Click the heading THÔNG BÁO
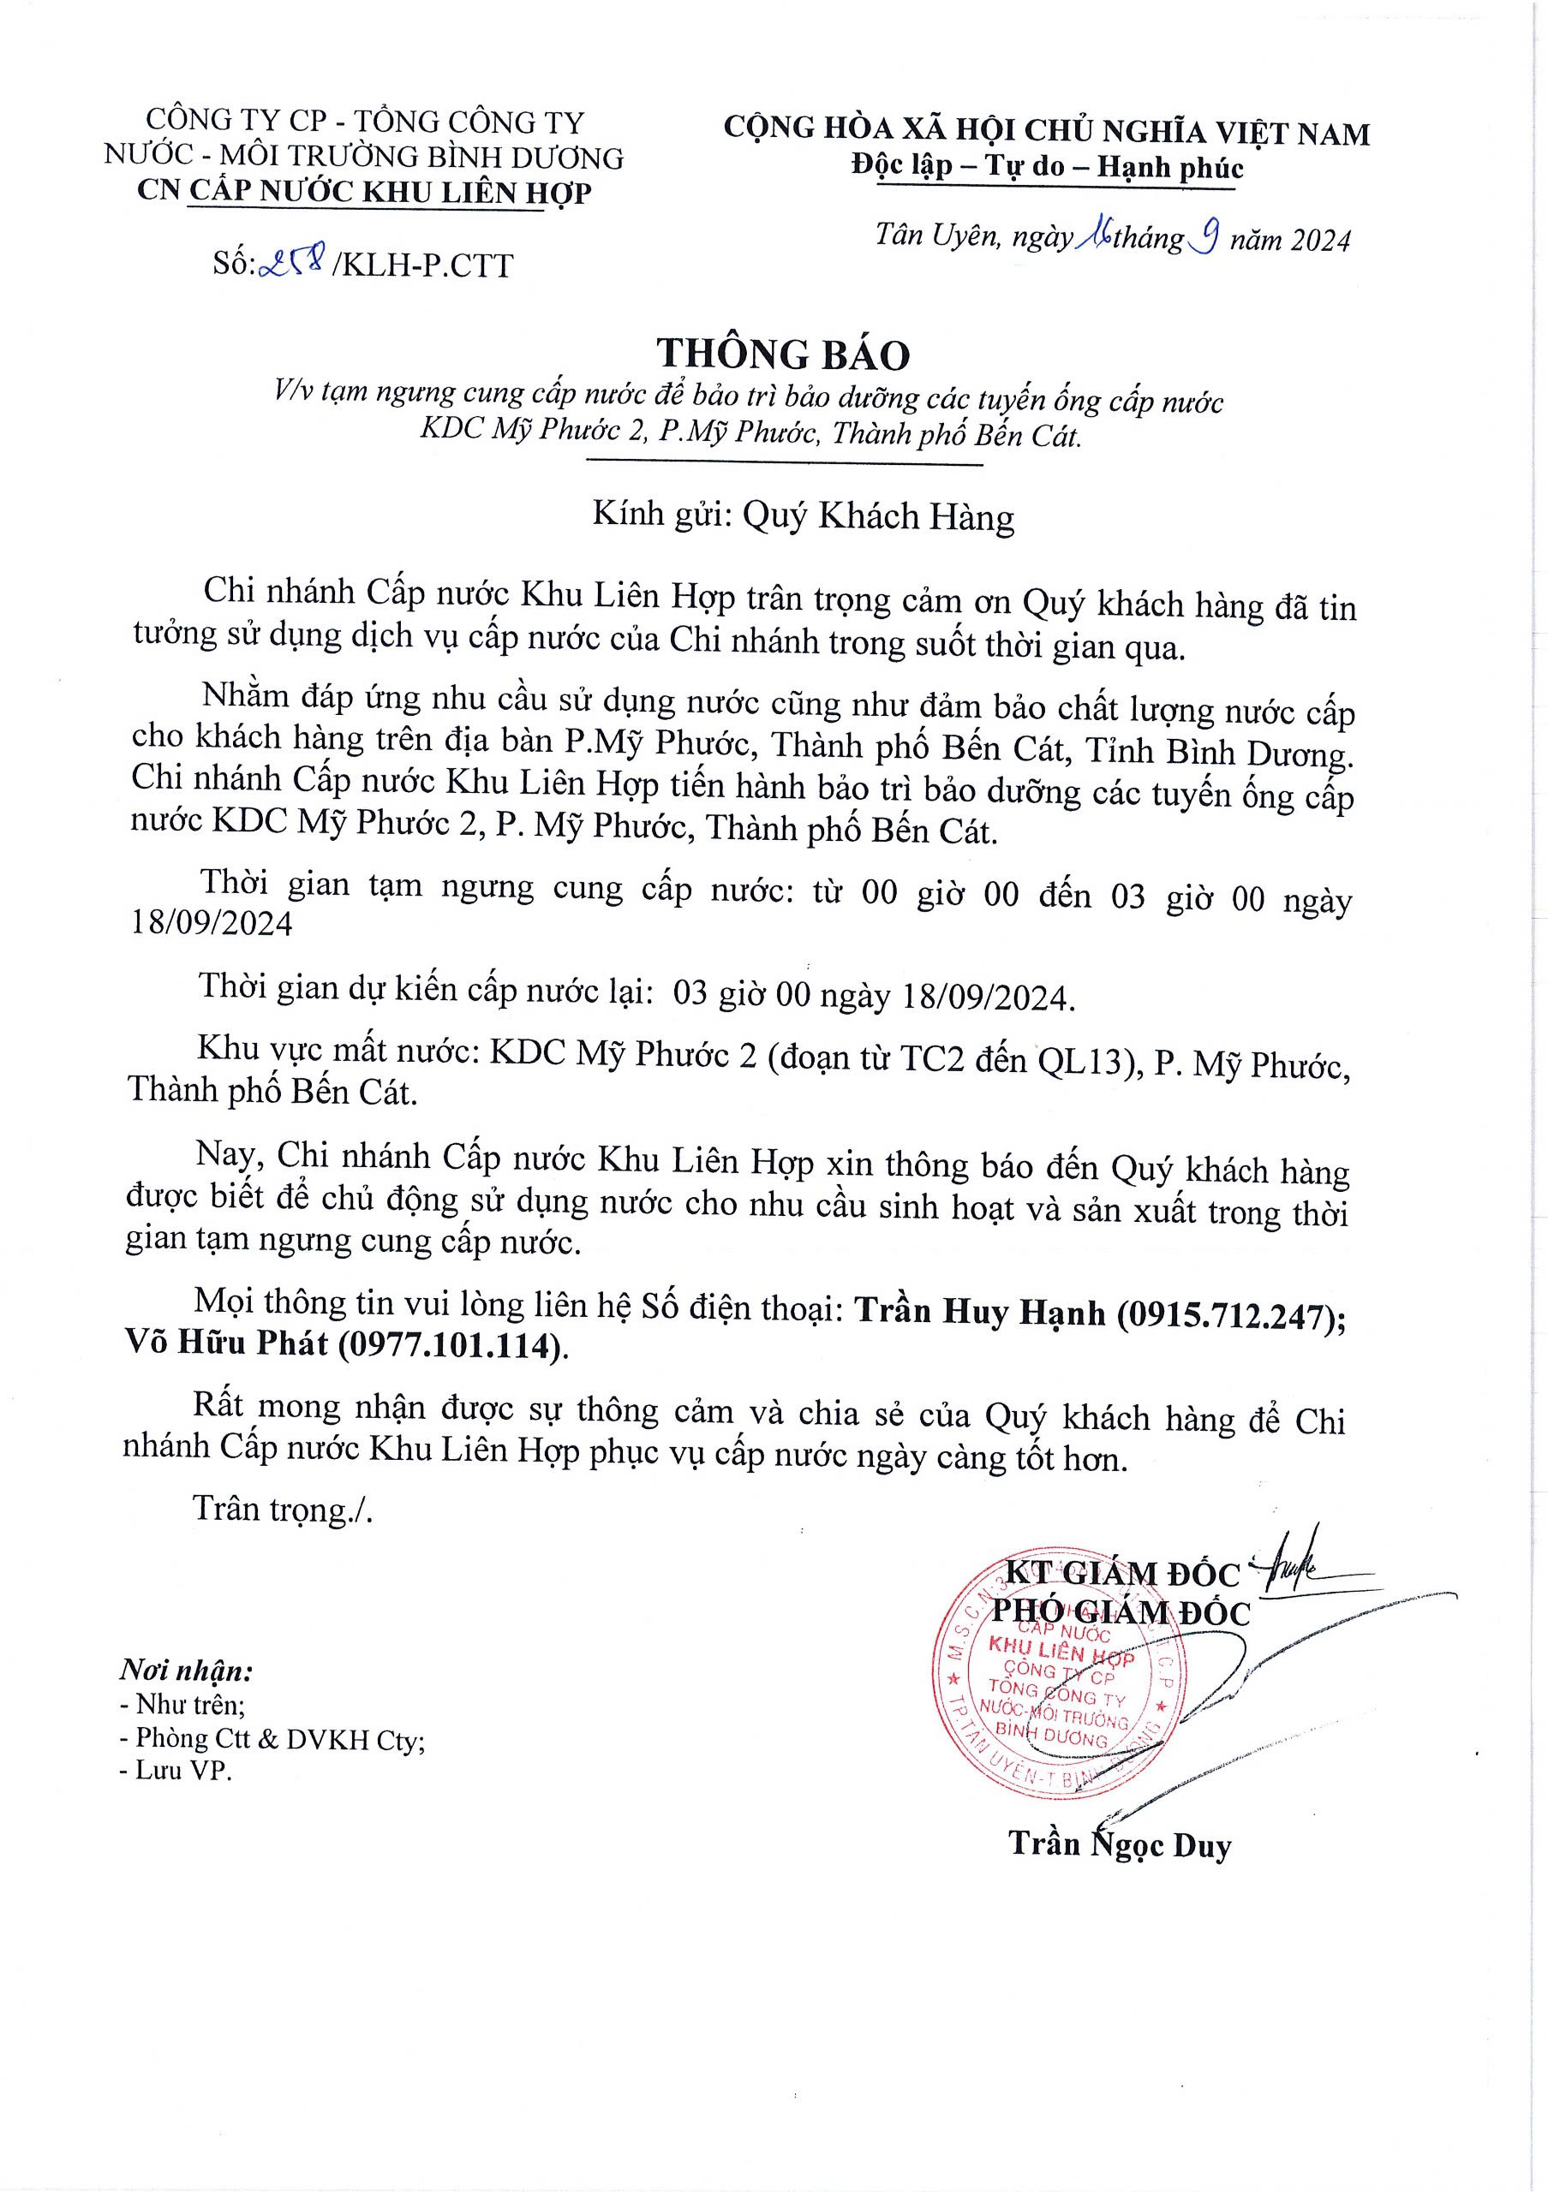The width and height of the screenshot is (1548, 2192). [x=783, y=354]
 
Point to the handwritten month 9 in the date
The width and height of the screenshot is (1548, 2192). [x=1205, y=235]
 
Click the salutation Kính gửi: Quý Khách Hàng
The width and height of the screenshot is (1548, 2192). [x=803, y=516]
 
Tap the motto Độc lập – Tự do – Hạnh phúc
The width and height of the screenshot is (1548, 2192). [x=1048, y=168]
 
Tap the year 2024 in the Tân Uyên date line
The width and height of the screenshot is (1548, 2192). [x=1315, y=239]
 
